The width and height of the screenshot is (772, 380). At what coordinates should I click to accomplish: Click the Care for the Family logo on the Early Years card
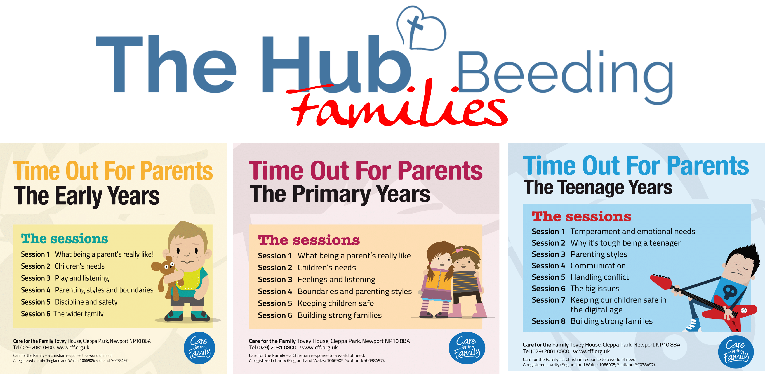pos(199,348)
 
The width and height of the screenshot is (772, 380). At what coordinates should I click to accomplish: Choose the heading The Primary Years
pos(340,194)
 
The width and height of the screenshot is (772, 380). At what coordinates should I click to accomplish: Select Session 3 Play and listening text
pos(65,278)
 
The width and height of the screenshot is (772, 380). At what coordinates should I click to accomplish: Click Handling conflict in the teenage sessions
pos(599,277)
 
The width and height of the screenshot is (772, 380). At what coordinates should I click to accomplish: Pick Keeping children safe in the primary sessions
pos(336,303)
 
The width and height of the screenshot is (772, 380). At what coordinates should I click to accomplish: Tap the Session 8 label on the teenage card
pos(549,321)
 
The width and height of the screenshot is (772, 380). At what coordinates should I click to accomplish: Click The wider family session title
pos(79,314)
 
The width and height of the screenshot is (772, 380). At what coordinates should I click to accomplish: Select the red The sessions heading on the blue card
pos(581,216)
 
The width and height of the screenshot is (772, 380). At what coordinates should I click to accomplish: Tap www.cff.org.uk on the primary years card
pos(319,348)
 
